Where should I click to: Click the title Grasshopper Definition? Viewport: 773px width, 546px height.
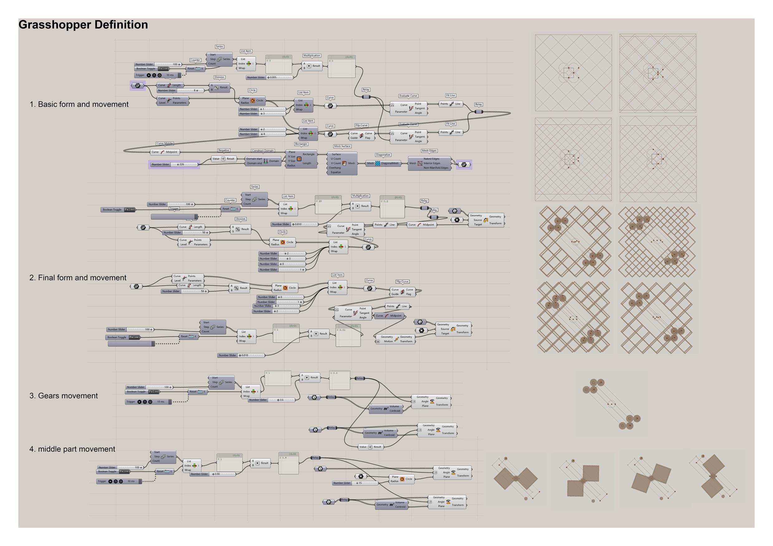pos(83,25)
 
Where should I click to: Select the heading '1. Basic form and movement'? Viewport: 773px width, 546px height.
pos(79,104)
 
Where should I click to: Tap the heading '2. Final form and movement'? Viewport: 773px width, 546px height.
pos(78,278)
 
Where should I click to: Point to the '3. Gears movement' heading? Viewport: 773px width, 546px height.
pos(63,396)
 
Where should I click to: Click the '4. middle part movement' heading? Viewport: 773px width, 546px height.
pos(72,449)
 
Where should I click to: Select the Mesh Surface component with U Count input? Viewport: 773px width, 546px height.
pos(342,163)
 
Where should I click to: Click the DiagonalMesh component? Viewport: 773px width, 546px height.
pos(383,163)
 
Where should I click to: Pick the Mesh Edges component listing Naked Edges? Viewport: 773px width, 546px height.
pos(429,163)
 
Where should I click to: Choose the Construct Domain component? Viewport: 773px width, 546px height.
pos(263,161)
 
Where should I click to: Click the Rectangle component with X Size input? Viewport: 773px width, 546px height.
pos(301,159)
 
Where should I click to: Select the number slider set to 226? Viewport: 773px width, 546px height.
pos(174,164)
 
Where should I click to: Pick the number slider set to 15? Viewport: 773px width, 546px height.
pos(355,483)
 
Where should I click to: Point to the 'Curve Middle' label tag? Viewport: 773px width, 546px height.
pos(165,144)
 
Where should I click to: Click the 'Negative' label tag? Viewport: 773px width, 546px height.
pos(224,150)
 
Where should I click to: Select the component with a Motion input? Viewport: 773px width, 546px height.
pos(396,339)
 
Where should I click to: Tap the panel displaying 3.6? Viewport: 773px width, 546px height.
pos(340,380)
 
